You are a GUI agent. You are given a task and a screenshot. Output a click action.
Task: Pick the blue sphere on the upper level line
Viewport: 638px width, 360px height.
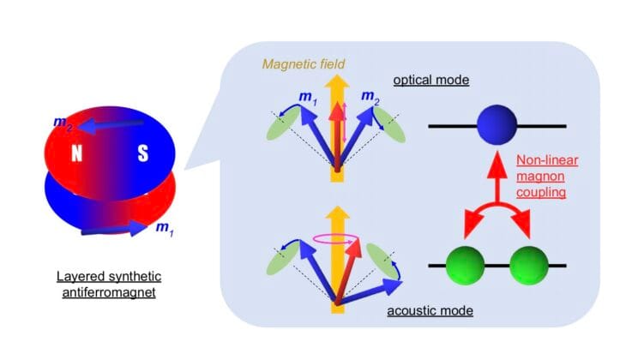pos(497,126)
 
